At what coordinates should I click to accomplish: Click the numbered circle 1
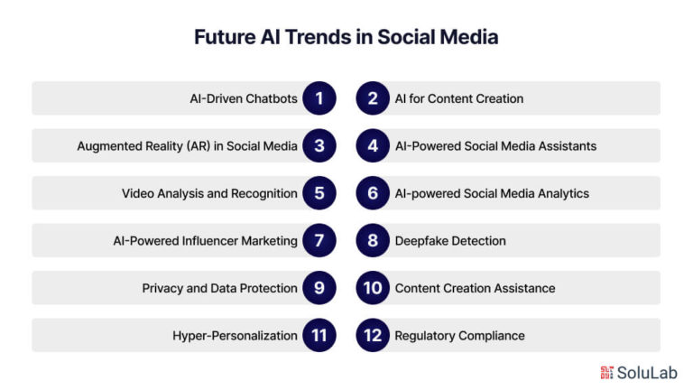(x=319, y=98)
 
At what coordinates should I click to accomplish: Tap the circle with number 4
(x=373, y=145)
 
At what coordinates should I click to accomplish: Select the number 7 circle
(x=319, y=240)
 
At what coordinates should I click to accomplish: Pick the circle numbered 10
(x=373, y=288)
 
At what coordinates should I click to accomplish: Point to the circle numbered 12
(x=373, y=335)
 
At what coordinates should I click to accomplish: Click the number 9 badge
(x=319, y=288)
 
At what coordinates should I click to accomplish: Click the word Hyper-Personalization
(x=236, y=336)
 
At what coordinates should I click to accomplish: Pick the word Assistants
(x=568, y=146)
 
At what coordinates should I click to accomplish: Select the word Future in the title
(x=225, y=37)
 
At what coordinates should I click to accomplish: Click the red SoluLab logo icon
(x=606, y=373)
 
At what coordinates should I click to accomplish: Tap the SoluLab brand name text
(x=647, y=373)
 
